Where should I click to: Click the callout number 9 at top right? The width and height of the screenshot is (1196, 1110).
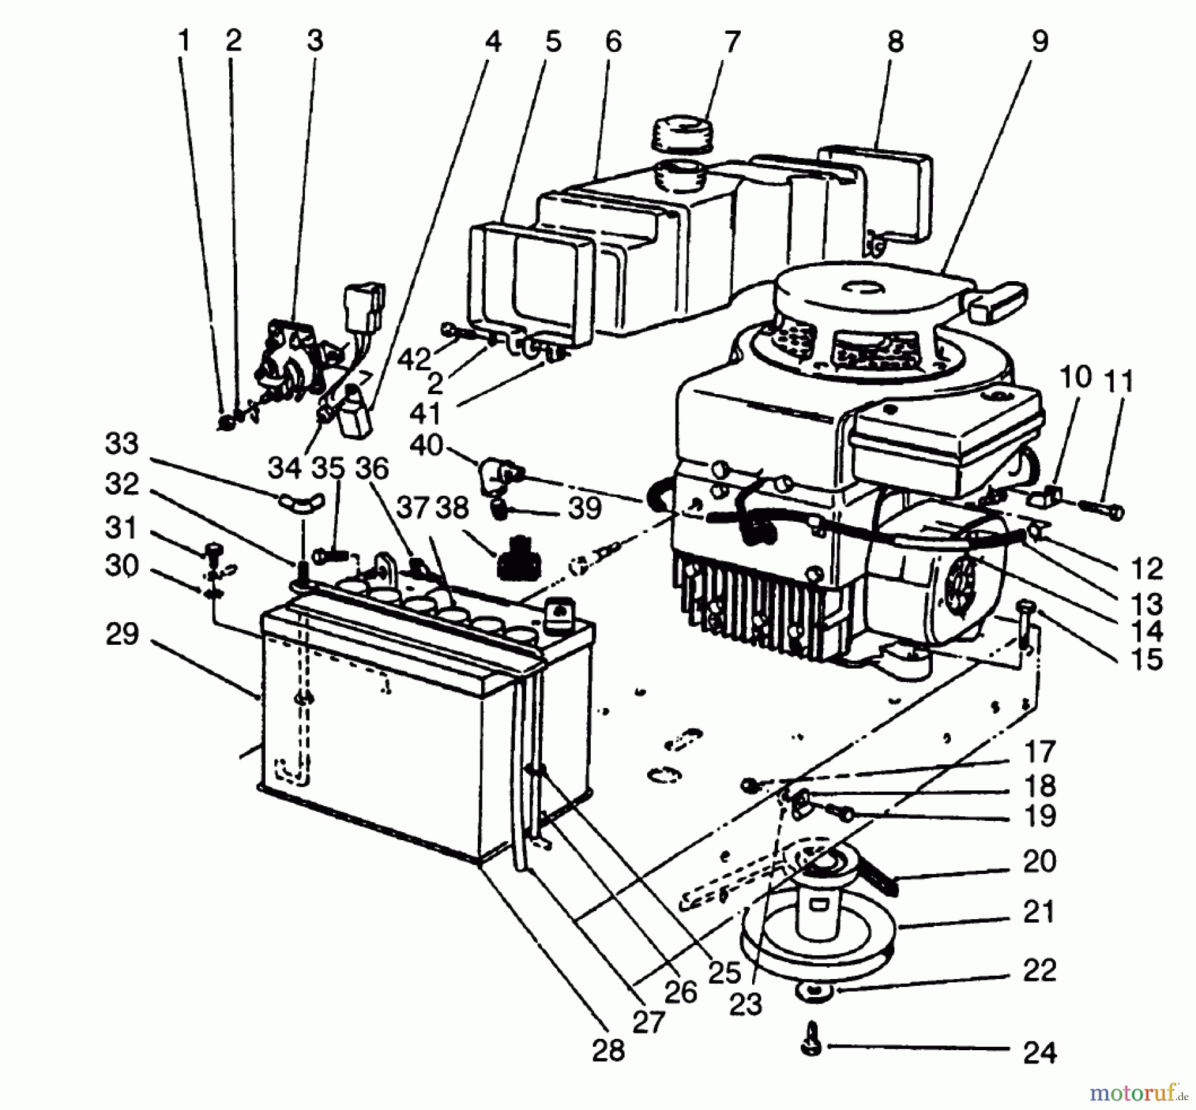[x=1041, y=41]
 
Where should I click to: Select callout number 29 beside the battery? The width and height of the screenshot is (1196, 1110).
[x=122, y=634]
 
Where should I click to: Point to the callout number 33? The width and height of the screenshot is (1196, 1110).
[x=122, y=444]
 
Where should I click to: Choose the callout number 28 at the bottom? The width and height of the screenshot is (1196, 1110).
[x=608, y=1051]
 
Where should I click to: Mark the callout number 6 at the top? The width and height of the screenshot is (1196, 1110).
[x=613, y=41]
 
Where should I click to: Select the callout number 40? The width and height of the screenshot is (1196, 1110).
[x=426, y=445]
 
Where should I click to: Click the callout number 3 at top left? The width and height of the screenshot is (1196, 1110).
[x=314, y=41]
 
